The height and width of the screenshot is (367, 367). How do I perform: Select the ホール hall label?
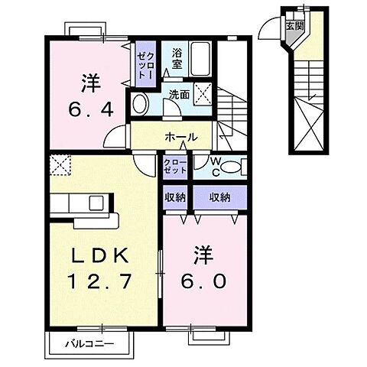181,138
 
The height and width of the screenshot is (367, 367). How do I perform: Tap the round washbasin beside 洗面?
141,105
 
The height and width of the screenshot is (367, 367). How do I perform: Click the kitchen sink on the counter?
97,203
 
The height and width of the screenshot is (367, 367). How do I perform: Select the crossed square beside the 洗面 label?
204,96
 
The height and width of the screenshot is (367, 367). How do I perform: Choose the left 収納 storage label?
174,197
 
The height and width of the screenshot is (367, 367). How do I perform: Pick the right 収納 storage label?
220,197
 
